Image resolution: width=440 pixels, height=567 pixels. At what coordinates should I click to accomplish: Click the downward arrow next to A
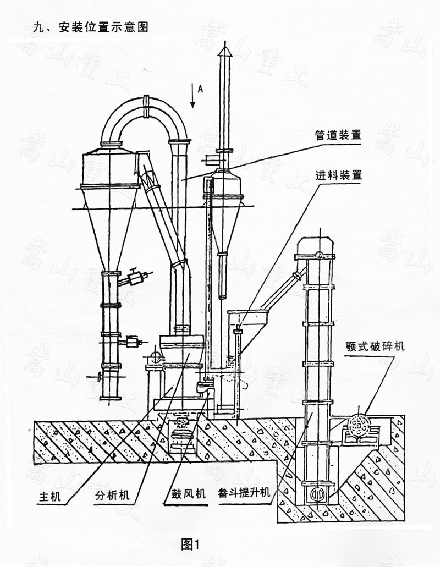point(192,96)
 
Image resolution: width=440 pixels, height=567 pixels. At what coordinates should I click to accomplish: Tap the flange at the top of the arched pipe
point(147,104)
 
